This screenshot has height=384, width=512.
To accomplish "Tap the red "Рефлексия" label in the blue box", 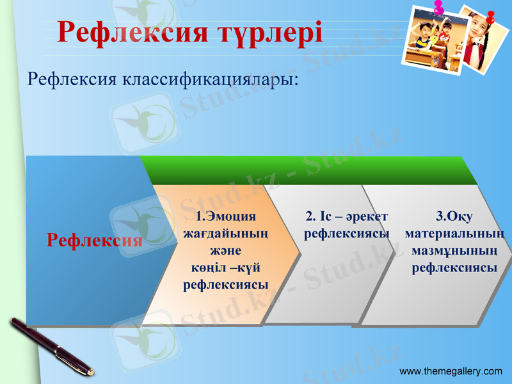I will pos(95,241).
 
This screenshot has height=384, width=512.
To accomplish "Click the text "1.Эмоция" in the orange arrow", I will pos(225,216).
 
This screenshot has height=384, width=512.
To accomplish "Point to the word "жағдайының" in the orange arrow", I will pos(225,234).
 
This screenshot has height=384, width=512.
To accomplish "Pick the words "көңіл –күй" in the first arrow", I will pos(225,268).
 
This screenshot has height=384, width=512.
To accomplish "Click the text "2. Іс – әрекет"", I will pos(346,216).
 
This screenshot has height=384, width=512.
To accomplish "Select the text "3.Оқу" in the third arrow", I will pos(454,216).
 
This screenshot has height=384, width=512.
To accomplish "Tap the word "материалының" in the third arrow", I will pos(454,234).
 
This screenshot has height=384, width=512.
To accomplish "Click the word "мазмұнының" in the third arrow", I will pos(454,251).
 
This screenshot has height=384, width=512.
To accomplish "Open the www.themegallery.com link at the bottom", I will pos(451,371).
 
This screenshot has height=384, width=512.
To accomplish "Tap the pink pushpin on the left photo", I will pos(439,8).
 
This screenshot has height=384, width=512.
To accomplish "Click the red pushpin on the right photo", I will pos(491,15).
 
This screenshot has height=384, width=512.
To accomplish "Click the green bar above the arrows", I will pos(307,170).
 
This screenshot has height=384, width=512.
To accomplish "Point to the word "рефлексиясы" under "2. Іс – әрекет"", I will pos(346,234).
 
